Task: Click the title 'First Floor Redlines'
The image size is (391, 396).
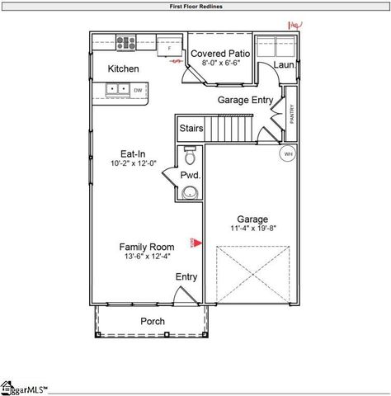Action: [195, 6]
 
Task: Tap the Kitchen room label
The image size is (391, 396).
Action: [123, 69]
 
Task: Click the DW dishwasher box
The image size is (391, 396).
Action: [138, 89]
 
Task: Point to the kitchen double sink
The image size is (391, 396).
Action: [116, 88]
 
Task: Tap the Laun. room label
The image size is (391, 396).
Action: [285, 64]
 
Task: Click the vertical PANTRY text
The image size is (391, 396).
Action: [291, 112]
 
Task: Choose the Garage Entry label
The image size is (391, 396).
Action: [244, 100]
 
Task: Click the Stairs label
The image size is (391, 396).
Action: [191, 129]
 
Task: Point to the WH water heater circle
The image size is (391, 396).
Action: [288, 153]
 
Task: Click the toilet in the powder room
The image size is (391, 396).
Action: [190, 155]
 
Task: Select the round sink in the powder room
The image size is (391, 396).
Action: [191, 193]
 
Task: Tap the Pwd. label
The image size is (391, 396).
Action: [191, 176]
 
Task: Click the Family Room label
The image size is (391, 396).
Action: [146, 247]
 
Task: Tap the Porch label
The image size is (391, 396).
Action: [152, 321]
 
